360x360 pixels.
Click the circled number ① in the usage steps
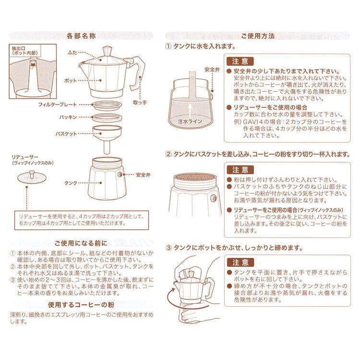tap(168, 47)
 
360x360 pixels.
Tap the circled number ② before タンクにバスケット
tap(168, 155)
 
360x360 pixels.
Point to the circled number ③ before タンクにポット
tap(168, 248)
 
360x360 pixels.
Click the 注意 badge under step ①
tap(240, 61)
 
